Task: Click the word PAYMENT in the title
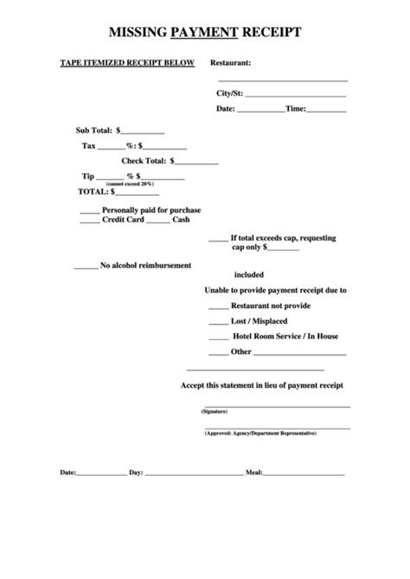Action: point(204,33)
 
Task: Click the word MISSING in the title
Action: point(138,33)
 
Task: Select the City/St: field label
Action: point(229,93)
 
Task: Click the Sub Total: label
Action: point(94,130)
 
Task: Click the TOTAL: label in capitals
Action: point(93,191)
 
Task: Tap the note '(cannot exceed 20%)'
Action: point(130,183)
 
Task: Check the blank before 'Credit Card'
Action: point(89,220)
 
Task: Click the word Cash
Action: point(181,220)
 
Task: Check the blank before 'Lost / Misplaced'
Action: point(218,321)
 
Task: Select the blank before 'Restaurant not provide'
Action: point(218,306)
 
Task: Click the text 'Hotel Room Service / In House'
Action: point(285,336)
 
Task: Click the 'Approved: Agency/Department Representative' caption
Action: point(260,432)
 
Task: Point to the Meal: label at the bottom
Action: point(254,473)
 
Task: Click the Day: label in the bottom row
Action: point(136,473)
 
